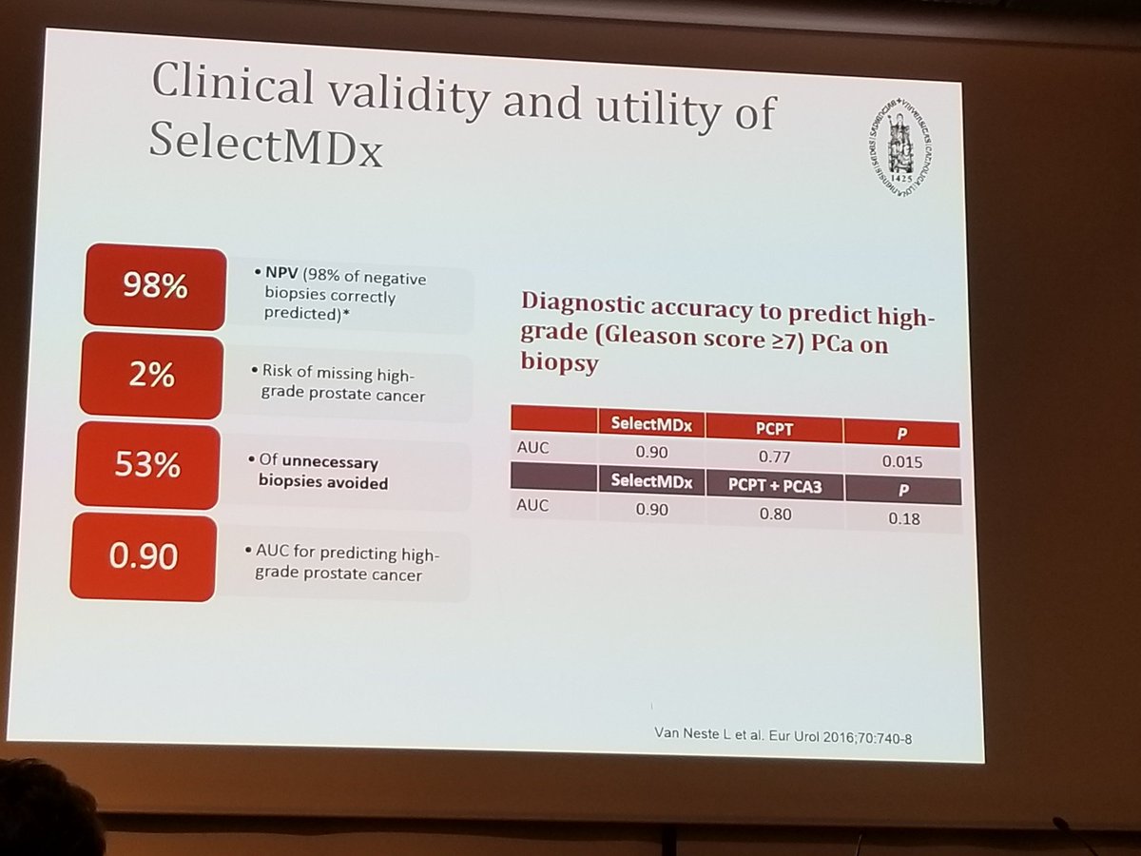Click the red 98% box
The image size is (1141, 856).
coord(155,285)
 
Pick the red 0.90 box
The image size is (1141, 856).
coord(143,556)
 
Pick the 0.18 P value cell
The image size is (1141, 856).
coord(902,518)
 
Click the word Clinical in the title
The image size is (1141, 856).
coord(232,88)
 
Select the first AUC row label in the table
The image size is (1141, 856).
coord(533,447)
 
